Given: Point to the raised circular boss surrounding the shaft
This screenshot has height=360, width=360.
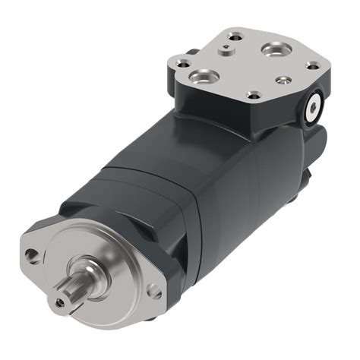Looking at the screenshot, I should coord(106,258).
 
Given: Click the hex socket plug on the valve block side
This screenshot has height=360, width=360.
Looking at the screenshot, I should coord(313,109).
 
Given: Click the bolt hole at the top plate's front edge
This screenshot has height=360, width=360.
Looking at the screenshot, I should coord(254,95).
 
